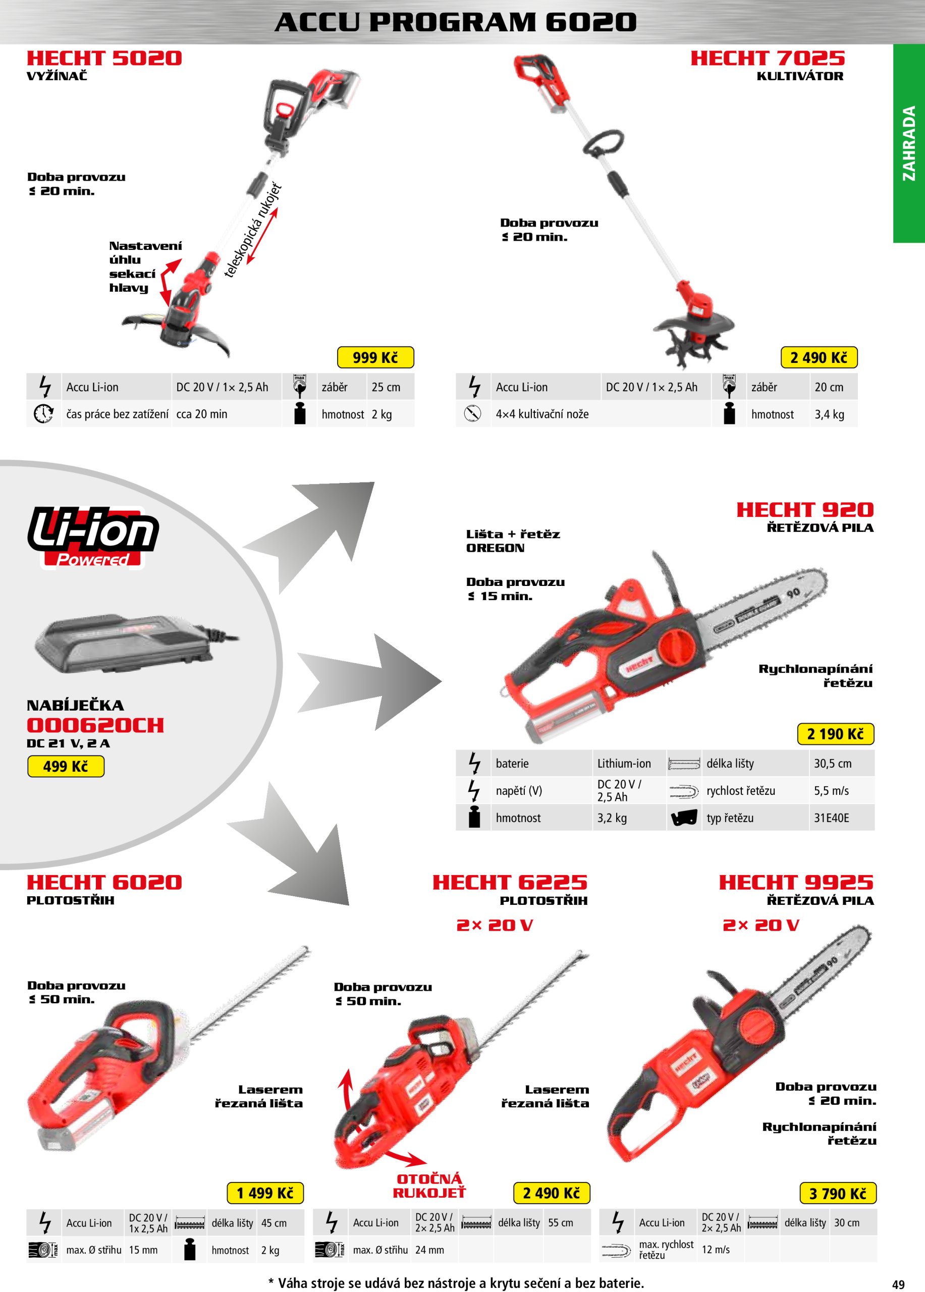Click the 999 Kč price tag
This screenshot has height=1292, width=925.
click(x=375, y=357)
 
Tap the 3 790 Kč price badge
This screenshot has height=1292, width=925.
click(x=837, y=1193)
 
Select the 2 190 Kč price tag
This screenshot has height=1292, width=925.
click(x=835, y=734)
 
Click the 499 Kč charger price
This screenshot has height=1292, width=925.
click(x=66, y=766)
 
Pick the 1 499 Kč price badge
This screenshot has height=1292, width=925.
click(x=265, y=1193)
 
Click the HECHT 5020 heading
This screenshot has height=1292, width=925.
click(x=104, y=58)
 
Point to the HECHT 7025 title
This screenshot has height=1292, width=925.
click(x=767, y=58)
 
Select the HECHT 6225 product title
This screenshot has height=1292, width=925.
click(x=510, y=882)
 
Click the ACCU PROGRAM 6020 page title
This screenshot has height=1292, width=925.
click(x=455, y=22)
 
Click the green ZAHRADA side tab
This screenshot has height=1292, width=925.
click(x=908, y=143)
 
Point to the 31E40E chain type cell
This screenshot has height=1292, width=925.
click(x=831, y=818)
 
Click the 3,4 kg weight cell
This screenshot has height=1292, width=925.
click(x=829, y=415)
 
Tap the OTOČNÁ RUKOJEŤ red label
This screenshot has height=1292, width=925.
click(x=429, y=1186)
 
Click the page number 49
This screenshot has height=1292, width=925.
click(x=898, y=1284)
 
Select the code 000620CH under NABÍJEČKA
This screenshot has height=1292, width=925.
click(x=95, y=725)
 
